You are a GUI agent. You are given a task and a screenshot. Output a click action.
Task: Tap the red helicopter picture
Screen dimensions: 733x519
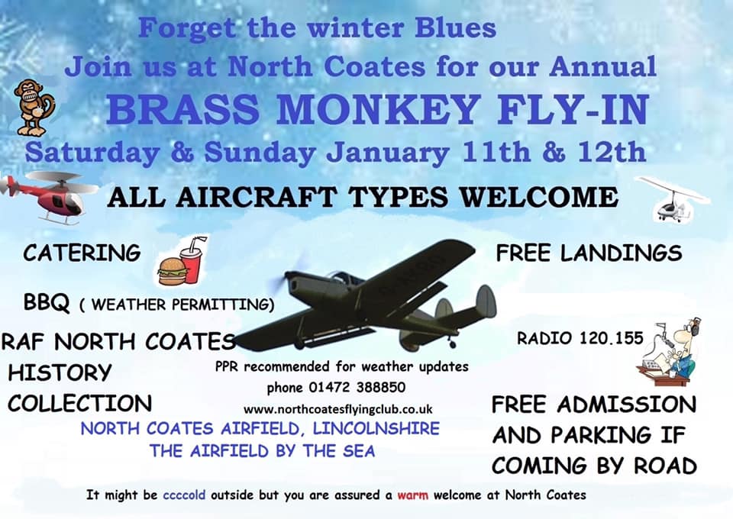pos(49,197)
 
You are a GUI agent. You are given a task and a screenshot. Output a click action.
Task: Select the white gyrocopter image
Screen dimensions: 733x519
pos(674,199)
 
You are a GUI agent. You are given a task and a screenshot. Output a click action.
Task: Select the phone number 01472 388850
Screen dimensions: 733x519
pos(357,387)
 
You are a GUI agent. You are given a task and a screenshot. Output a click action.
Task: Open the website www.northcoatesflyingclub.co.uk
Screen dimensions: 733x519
pos(338,410)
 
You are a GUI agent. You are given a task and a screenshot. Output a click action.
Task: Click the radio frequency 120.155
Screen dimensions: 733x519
pos(612,338)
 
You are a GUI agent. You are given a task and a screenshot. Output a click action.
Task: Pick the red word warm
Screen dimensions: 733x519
pos(413,495)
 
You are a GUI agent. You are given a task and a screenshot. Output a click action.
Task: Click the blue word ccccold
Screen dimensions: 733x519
pos(184,495)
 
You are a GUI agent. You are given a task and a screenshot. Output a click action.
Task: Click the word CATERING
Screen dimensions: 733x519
pos(82,253)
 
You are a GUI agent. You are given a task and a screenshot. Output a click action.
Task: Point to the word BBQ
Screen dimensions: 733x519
pos(47,303)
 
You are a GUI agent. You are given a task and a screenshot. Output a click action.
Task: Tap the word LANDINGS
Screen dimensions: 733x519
pos(622,253)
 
